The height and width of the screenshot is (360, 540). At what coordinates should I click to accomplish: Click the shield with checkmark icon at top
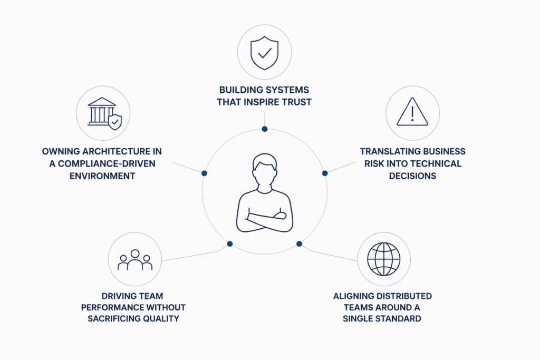point(265,53)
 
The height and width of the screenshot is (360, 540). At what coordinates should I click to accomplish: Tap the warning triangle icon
point(412,112)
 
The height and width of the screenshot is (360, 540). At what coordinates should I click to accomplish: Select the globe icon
point(384,259)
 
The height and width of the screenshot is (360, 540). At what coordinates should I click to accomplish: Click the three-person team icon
point(135,260)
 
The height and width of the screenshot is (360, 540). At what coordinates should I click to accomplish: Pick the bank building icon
point(102,111)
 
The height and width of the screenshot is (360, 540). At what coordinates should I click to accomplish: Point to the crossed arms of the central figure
point(265,221)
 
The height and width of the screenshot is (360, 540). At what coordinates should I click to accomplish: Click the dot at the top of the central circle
point(265,129)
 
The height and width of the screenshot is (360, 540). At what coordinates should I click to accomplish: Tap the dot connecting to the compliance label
point(204,173)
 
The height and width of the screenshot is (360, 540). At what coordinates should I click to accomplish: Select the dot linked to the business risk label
point(325,173)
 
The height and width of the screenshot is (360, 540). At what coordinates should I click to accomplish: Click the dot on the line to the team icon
point(230,244)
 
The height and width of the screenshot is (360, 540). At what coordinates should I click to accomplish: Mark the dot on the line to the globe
point(300,244)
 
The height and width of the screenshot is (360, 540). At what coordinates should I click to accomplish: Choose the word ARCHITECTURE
point(111,151)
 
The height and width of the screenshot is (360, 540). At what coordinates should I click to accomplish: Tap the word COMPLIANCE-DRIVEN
point(107,164)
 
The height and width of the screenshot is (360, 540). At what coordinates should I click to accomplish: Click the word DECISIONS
point(412,176)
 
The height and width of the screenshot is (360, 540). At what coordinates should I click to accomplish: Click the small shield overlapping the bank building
point(115,122)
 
